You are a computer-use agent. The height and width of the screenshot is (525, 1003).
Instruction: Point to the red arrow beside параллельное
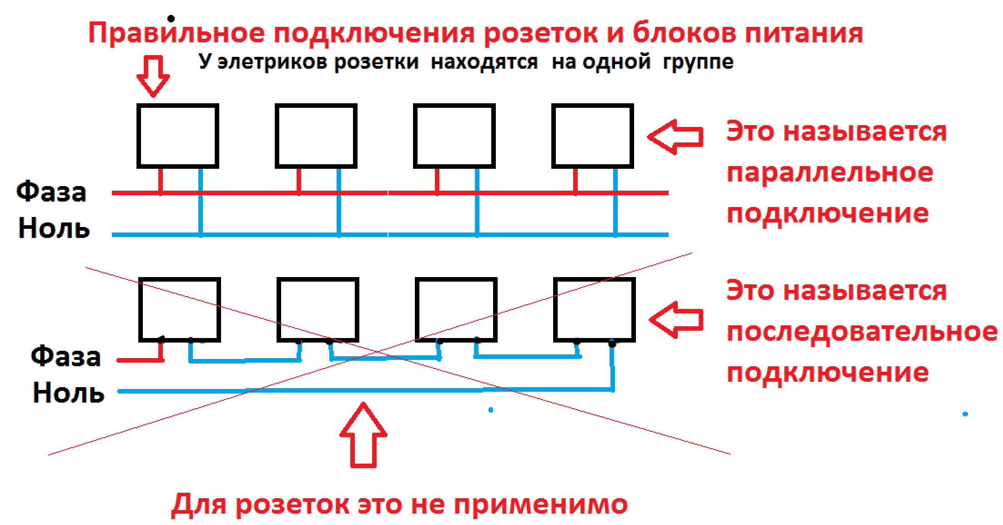675,136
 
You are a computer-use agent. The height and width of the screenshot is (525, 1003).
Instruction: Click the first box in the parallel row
178,136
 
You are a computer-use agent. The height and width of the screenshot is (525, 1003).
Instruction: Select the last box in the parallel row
593,136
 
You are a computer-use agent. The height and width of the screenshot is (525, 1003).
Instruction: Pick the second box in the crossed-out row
318,309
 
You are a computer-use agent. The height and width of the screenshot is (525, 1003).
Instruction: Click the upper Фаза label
51,192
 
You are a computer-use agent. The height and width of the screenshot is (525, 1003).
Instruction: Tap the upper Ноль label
54,228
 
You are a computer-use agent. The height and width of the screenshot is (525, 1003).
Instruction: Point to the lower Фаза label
66,356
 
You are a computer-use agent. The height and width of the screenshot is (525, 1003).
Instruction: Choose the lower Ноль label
68,393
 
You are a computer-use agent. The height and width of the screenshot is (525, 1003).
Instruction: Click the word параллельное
830,173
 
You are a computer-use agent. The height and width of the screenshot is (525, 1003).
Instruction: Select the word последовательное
862,332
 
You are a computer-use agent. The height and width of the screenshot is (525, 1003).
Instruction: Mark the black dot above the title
171,19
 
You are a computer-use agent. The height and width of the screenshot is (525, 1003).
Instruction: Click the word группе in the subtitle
698,62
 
